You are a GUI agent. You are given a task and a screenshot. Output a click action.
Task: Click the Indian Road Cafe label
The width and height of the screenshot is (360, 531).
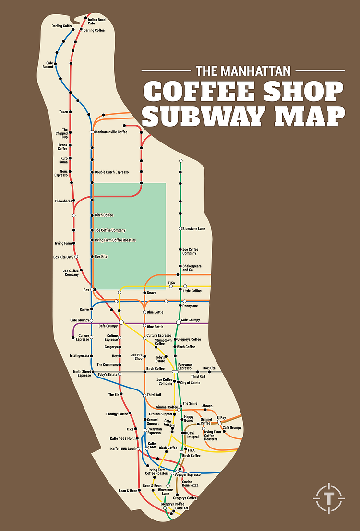click(x=96, y=22)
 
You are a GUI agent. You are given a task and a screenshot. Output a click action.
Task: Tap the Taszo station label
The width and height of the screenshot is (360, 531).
click(x=63, y=112)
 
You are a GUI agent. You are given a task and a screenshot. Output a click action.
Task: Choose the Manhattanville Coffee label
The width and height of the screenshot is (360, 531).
click(x=111, y=132)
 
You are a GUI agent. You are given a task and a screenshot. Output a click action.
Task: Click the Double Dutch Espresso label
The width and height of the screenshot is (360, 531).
click(x=111, y=172)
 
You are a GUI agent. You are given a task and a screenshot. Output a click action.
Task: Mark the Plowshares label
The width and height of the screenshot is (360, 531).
click(x=63, y=201)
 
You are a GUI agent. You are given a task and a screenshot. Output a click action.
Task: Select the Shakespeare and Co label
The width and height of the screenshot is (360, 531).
click(x=192, y=268)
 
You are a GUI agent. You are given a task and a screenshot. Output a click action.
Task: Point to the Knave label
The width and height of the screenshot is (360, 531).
click(x=152, y=293)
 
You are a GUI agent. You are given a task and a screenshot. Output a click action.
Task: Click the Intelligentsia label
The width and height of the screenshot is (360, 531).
click(x=79, y=356)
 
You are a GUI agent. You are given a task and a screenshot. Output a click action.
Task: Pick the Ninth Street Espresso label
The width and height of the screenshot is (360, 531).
click(x=81, y=374)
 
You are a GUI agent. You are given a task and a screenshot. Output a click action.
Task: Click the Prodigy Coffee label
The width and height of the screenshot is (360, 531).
click(x=117, y=414)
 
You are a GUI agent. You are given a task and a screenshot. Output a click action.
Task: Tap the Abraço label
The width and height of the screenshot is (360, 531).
click(x=207, y=406)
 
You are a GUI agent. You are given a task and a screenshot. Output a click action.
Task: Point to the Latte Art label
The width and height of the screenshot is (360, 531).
click(x=182, y=508)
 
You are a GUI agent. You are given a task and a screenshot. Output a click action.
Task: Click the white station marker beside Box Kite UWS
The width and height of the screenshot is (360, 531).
click(x=76, y=257)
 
